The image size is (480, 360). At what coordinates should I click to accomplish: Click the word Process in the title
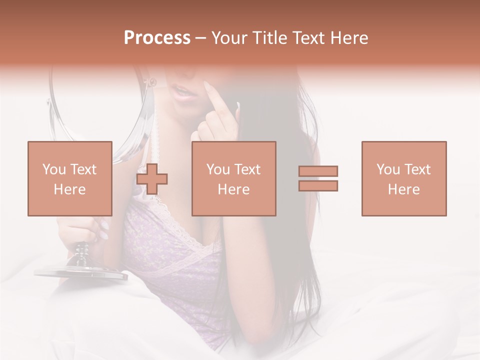[157, 37]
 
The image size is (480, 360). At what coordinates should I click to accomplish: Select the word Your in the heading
[229, 37]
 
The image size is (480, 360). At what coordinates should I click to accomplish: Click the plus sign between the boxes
[152, 178]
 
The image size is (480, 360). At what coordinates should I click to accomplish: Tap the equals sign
[318, 178]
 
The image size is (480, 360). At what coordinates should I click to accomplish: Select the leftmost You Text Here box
[70, 178]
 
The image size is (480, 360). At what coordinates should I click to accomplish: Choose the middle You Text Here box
[234, 178]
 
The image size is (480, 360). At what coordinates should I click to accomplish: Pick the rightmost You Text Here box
[404, 178]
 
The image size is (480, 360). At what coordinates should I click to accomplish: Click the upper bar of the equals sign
[318, 171]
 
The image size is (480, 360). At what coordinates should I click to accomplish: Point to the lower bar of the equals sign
[318, 185]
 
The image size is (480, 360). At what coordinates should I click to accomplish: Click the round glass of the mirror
[100, 115]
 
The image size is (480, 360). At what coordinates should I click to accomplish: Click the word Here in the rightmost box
[404, 189]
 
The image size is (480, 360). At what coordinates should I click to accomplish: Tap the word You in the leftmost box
[53, 169]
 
